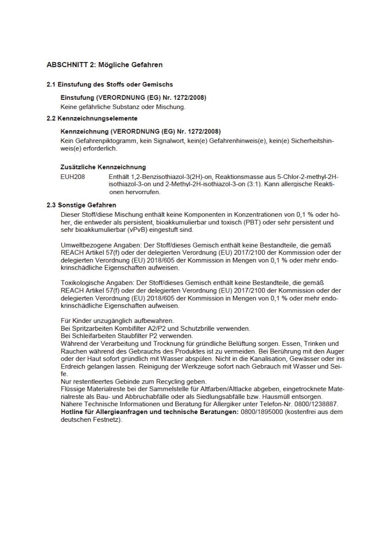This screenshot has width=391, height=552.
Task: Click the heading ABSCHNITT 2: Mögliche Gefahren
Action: click(x=105, y=65)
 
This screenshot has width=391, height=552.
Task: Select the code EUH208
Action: click(x=72, y=177)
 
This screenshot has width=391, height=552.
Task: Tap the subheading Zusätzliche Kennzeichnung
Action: click(x=103, y=167)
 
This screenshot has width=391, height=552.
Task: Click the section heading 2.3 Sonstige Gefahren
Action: click(x=82, y=205)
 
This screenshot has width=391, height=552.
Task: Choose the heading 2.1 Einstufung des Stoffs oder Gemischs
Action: click(x=110, y=85)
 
